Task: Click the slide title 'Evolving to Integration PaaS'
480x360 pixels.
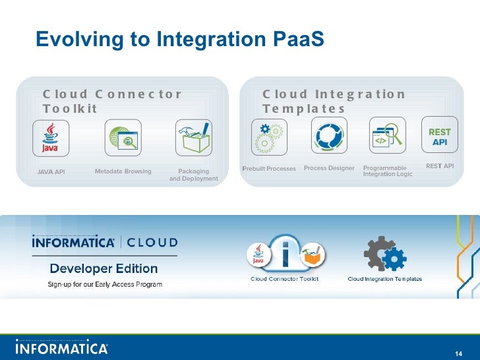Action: point(180,40)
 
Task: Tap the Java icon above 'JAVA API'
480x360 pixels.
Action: point(50,137)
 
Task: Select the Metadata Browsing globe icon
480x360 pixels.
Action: point(123,137)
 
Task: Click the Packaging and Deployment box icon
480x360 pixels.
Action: point(193,137)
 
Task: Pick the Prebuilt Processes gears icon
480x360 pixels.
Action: point(268,136)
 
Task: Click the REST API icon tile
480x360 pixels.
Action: point(440,137)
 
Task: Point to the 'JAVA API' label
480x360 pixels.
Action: point(51,171)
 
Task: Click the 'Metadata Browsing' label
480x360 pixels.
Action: point(123,171)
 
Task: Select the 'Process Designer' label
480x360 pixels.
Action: point(329,168)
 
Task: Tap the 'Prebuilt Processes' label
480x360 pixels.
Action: point(269,169)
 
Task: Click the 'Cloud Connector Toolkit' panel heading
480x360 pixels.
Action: point(111,101)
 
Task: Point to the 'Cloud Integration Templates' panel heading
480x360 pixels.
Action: point(334,101)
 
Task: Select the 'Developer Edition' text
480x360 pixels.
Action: point(104,268)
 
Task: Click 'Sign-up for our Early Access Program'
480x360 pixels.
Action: point(104,284)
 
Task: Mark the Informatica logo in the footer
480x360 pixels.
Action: point(61,347)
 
